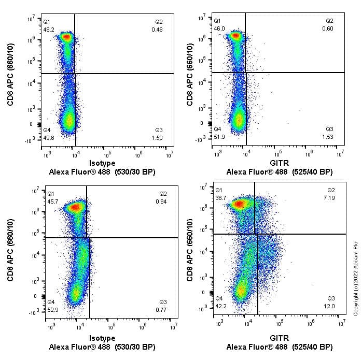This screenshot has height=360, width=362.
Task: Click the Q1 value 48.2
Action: coord(48,30)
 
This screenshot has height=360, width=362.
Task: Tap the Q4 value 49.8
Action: coord(48,137)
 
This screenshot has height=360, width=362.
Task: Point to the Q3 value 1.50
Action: coord(158,137)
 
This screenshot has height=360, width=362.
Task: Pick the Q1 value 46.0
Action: coord(219,29)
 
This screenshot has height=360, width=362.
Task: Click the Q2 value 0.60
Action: coord(329,28)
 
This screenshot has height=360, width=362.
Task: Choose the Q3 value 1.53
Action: coord(328,137)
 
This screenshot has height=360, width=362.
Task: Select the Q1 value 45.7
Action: coord(52,200)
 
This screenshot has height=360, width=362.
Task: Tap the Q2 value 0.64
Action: coord(161,200)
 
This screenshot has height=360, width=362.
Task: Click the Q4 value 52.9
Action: coord(52,309)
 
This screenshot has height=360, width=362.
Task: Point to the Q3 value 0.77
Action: coord(162,309)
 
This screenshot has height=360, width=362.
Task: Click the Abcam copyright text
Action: coord(356,273)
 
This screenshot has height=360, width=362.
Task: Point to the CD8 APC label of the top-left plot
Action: coord(10,75)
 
